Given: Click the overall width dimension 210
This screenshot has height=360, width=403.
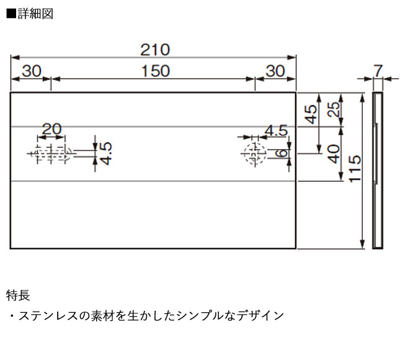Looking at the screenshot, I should point(154,50).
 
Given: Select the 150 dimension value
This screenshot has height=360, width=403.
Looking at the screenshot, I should point(154,71).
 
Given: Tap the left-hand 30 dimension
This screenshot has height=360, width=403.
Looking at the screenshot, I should point(31,71).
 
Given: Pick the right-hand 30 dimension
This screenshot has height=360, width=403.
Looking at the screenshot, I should point(275,71).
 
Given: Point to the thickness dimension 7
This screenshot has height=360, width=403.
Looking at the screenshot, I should point(378,70).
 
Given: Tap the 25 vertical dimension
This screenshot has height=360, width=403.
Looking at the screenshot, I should point(333,110).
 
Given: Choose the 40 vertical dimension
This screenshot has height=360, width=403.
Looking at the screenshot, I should point(333,153).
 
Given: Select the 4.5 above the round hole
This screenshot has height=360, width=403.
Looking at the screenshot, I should point(275,130).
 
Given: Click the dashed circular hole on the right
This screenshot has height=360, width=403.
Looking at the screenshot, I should point(253,153).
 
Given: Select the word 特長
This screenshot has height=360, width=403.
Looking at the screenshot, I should point(18,294).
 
